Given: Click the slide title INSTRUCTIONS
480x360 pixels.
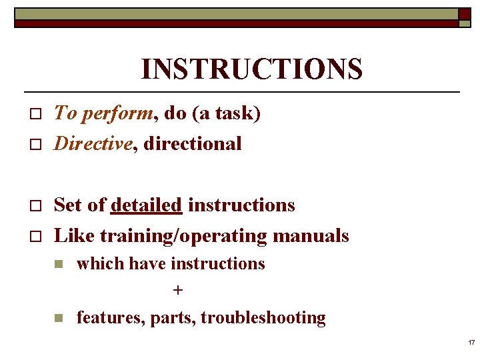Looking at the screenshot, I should tap(252, 69).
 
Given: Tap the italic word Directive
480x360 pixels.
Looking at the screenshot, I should tap(93, 143).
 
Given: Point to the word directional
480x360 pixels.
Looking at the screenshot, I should tap(193, 143).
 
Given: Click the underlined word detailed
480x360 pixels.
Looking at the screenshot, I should tap(147, 205).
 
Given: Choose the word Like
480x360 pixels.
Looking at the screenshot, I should tap(69, 235).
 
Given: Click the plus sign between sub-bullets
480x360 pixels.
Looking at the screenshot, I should tap(177, 291).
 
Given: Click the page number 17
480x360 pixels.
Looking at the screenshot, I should tap(471, 343).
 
